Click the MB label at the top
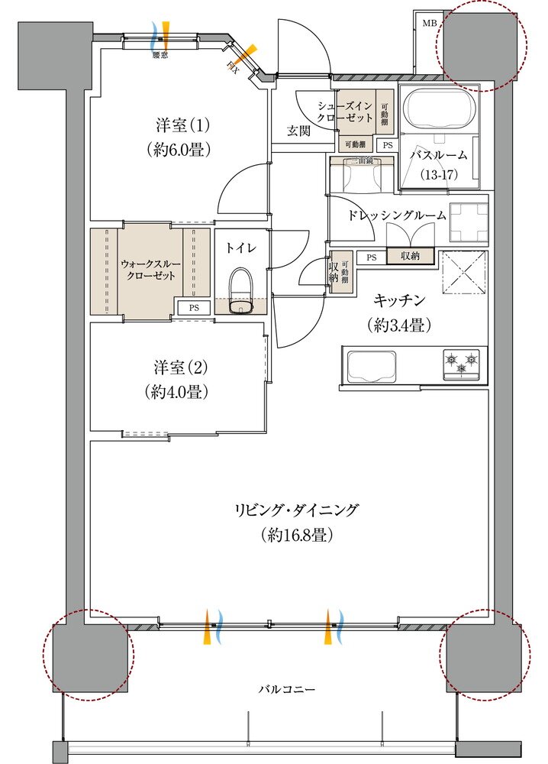pyautogui.click(x=430, y=24)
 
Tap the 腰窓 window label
pyautogui.click(x=160, y=55)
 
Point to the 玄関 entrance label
pyautogui.click(x=298, y=131)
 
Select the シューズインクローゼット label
pyautogui.click(x=346, y=112)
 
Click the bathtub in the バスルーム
pyautogui.click(x=438, y=108)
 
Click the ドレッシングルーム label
pyautogui.click(x=396, y=216)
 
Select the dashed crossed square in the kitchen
pyautogui.click(x=465, y=271)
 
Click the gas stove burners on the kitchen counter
pyautogui.click(x=462, y=364)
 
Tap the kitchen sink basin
pyautogui.click(x=372, y=367)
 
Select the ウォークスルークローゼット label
pyautogui.click(x=150, y=269)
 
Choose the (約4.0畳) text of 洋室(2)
pyautogui.click(x=178, y=393)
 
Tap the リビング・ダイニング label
pyautogui.click(x=297, y=510)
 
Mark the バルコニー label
pyautogui.click(x=286, y=689)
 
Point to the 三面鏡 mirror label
pyautogui.click(x=361, y=161)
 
